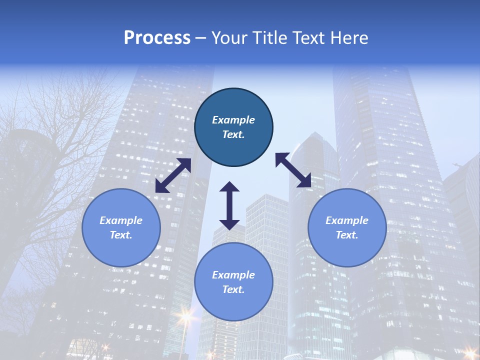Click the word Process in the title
(157, 38)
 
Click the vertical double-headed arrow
(229, 205)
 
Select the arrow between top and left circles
(173, 175)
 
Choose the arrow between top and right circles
(293, 170)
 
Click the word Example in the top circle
(233, 120)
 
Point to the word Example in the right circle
(347, 220)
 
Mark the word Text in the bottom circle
(232, 289)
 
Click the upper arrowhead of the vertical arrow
(229, 187)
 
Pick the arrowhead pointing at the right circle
(304, 181)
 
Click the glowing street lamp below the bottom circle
(186, 316)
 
